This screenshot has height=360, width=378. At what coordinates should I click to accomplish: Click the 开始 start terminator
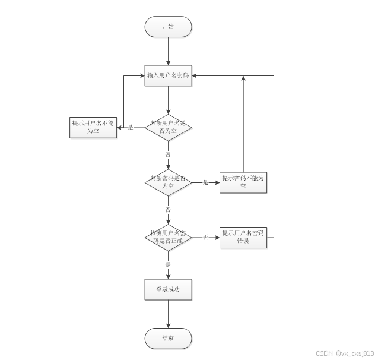point(169,27)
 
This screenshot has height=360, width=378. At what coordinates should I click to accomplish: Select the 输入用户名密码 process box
point(169,76)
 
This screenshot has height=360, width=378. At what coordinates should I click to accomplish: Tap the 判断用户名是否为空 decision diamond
point(169,127)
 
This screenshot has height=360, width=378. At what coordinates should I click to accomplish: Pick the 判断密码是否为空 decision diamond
point(169,182)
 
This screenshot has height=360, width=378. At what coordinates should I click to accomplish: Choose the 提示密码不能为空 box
point(243,182)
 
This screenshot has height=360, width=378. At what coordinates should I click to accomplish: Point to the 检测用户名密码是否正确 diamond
point(169,237)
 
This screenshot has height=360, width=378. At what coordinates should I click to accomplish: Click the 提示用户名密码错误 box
point(243,237)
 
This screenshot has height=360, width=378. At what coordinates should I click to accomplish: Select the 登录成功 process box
point(169,290)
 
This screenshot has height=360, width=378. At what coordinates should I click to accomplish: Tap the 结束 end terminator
point(169,339)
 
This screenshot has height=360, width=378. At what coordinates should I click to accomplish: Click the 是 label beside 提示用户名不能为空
point(131,127)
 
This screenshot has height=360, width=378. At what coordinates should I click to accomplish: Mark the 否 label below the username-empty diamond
point(169,154)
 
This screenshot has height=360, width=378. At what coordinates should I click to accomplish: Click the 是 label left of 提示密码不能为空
point(206,182)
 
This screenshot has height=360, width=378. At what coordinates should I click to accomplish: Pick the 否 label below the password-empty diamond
point(169,210)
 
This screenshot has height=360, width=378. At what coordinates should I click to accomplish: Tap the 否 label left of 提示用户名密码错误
point(206,237)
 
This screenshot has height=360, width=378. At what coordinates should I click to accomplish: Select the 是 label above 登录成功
point(169,264)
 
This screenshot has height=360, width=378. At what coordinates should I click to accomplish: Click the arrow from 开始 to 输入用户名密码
point(169,51)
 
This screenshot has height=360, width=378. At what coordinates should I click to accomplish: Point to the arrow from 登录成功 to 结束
point(169,314)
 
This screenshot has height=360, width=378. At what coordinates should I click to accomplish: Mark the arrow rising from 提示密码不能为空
point(243,125)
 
